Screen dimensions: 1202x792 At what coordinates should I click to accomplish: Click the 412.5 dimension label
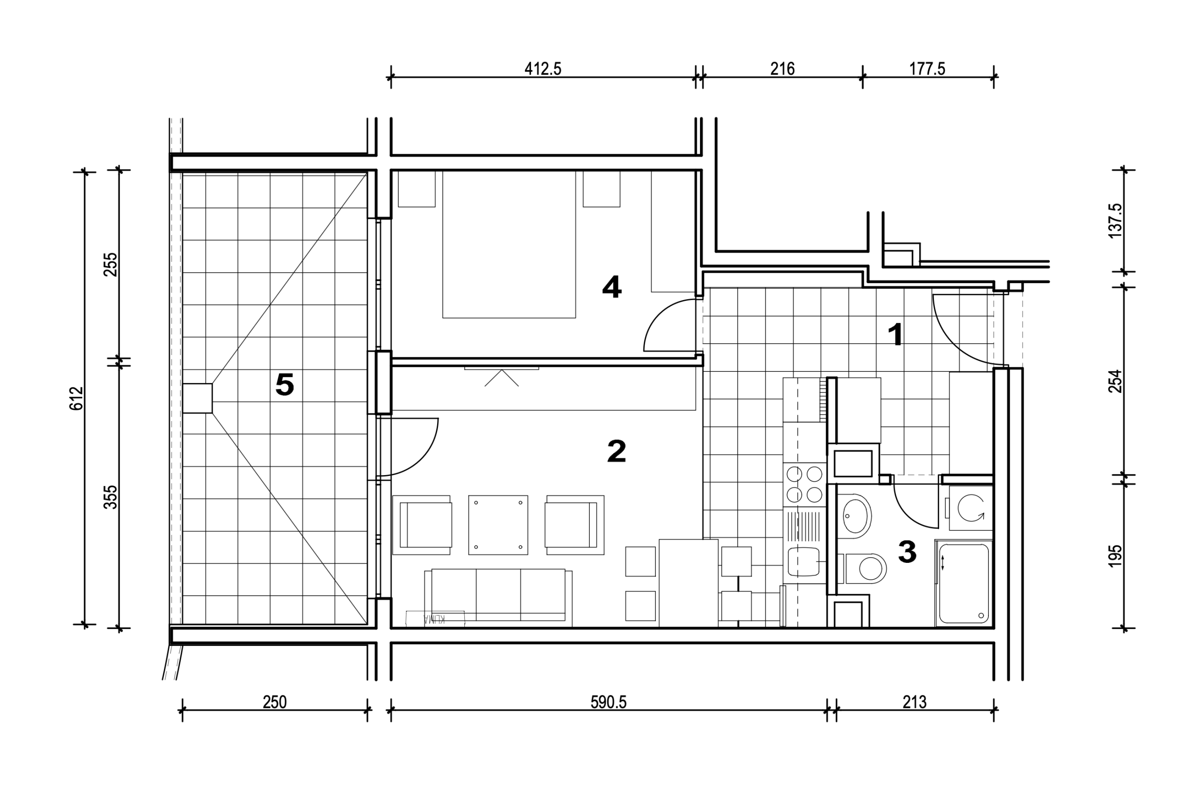pyautogui.click(x=543, y=69)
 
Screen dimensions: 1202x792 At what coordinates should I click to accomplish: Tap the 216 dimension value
pyautogui.click(x=782, y=69)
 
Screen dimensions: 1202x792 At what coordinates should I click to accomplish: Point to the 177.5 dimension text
pyautogui.click(x=927, y=69)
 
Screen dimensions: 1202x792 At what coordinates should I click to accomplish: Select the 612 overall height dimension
pyautogui.click(x=76, y=398)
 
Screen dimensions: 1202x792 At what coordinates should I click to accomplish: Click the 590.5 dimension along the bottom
pyautogui.click(x=609, y=702)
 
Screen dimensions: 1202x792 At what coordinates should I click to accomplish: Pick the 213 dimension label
pyautogui.click(x=915, y=702)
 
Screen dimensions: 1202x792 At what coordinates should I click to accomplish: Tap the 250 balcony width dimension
pyautogui.click(x=275, y=702)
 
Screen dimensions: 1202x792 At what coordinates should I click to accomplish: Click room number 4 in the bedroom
pyautogui.click(x=612, y=287)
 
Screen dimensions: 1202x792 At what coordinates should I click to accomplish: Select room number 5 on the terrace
pyautogui.click(x=285, y=384)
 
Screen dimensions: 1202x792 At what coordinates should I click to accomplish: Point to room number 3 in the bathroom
pyautogui.click(x=907, y=552)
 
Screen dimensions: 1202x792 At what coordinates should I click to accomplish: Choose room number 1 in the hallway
pyautogui.click(x=895, y=334)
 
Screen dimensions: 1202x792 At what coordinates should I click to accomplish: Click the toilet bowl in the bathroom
pyautogui.click(x=867, y=569)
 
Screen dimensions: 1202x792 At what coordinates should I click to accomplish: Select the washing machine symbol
pyautogui.click(x=971, y=507)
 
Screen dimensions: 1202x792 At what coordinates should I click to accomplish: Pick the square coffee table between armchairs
pyautogui.click(x=498, y=525)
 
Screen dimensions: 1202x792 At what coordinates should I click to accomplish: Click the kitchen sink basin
pyautogui.click(x=803, y=561)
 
